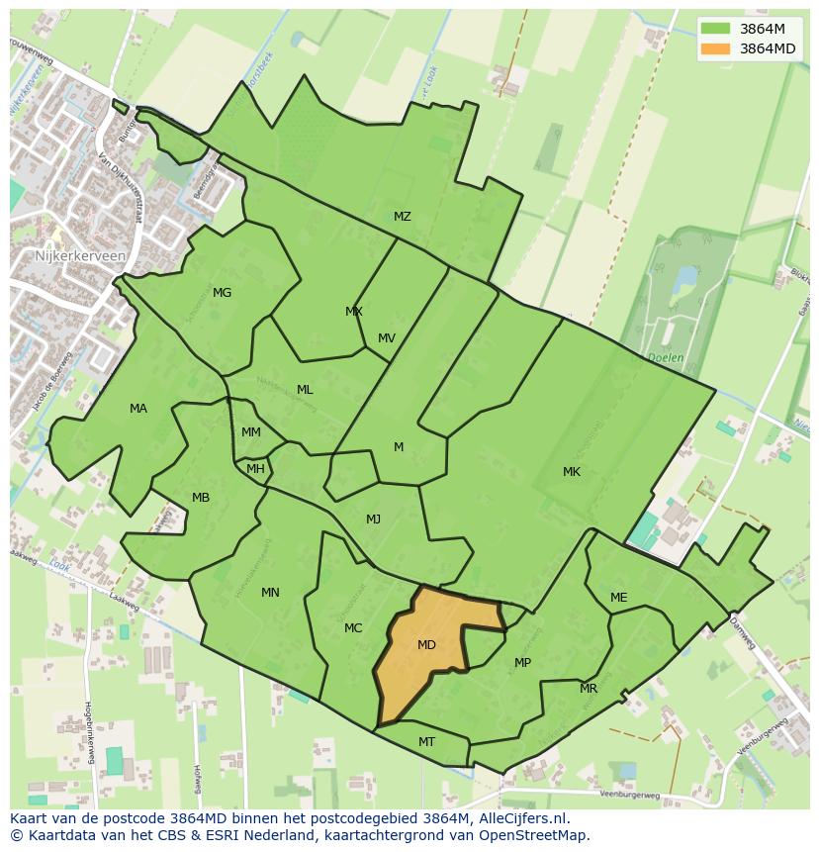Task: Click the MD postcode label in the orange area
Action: pyautogui.click(x=426, y=645)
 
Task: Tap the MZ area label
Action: pyautogui.click(x=403, y=217)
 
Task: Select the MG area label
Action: pyautogui.click(x=222, y=293)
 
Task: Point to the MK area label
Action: pyautogui.click(x=572, y=472)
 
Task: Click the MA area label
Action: pyautogui.click(x=138, y=409)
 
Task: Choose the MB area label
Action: pyautogui.click(x=201, y=498)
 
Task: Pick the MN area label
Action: pyautogui.click(x=270, y=593)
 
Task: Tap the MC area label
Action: pyautogui.click(x=353, y=628)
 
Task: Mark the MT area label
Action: pyautogui.click(x=426, y=741)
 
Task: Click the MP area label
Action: pyautogui.click(x=522, y=663)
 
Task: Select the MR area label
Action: pyautogui.click(x=589, y=689)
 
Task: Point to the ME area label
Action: pyautogui.click(x=618, y=598)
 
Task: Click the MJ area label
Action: pyautogui.click(x=373, y=520)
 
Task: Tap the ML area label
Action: pyautogui.click(x=305, y=390)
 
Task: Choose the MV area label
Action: pyautogui.click(x=387, y=338)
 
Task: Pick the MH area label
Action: pyautogui.click(x=255, y=469)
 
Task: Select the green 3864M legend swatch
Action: pyautogui.click(x=715, y=29)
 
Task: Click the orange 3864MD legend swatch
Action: pyautogui.click(x=715, y=48)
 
